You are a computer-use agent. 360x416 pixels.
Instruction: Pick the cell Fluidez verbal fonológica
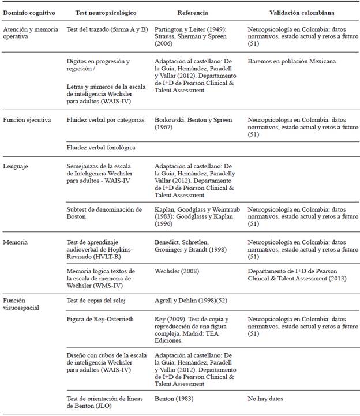click(102, 148)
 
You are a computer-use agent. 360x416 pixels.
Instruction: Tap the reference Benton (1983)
click(175, 398)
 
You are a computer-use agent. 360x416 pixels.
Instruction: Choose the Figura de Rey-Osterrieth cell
click(101, 319)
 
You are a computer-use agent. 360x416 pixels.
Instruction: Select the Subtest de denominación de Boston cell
click(104, 213)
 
